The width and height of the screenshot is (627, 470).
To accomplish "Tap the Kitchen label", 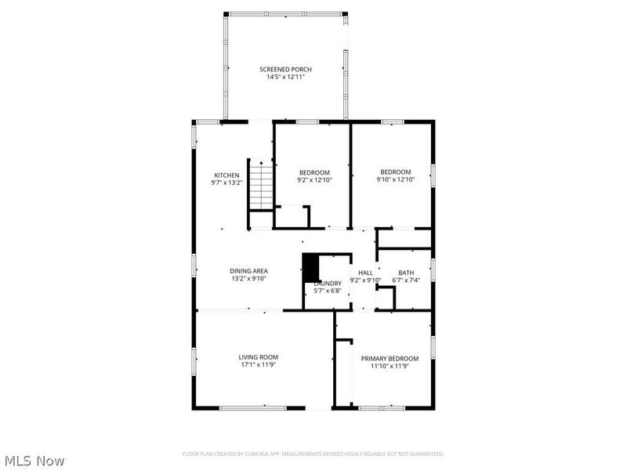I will pos(227,175).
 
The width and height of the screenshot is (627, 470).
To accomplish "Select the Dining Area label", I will pos(249,271).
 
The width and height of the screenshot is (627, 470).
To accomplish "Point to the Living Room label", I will pos(258,357).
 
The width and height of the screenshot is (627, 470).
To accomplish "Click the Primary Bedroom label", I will pos(390,359).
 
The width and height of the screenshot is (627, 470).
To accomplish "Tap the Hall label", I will pos(365,273).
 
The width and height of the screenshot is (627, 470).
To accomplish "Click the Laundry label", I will pos(327,284).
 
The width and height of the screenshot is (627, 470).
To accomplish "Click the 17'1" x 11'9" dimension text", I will pos(258,365).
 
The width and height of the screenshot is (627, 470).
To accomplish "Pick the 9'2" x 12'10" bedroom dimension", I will pos(314,180).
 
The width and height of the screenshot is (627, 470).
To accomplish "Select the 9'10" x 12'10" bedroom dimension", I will pos(395,180).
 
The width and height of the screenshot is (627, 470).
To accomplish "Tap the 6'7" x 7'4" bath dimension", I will pos(405,280).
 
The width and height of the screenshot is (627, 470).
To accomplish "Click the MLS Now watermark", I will pos(34,461).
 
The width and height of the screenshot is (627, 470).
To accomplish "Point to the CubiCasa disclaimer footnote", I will pos(313,454).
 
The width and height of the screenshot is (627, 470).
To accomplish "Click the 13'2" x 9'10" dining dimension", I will pos(249,279).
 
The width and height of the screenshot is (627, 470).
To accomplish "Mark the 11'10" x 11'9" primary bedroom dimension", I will pos(390,367).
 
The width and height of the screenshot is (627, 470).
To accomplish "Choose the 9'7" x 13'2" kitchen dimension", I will pos(227,183).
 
